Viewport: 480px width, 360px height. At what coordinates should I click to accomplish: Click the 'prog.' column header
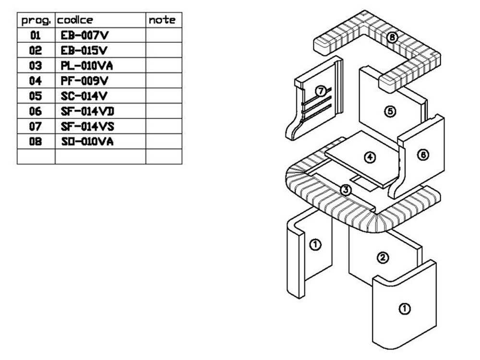pos(36,20)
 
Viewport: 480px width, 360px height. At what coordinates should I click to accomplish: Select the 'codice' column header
pos(75,20)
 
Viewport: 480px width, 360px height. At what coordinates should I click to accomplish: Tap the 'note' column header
pos(162,20)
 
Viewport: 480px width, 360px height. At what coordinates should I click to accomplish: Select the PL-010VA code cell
pos(87,66)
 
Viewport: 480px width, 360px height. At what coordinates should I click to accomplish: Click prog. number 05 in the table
pos(36,96)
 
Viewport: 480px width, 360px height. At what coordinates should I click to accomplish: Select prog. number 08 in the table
pos(36,142)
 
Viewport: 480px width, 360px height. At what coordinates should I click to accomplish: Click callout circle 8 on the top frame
pos(392,37)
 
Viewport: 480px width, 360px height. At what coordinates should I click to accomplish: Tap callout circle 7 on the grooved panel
pos(321,90)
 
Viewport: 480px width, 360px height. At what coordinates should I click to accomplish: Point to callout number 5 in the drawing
pos(390,111)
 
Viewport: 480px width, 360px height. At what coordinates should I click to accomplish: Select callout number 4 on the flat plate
pos(370,157)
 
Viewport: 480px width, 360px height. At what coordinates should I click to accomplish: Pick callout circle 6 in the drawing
pos(423,155)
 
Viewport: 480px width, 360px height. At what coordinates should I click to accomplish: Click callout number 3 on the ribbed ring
pos(346,190)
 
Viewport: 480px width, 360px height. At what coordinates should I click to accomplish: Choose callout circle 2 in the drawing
pos(383,258)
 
